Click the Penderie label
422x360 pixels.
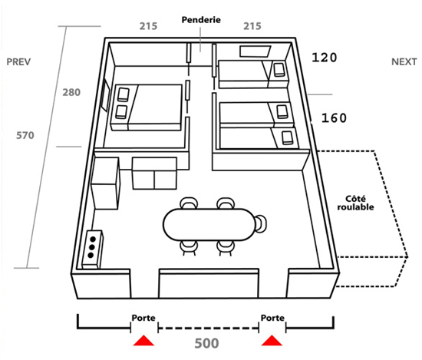pyautogui.click(x=201, y=20)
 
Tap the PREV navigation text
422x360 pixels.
pyautogui.click(x=18, y=62)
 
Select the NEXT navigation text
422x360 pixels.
pyautogui.click(x=404, y=62)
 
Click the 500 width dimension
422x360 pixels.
pyautogui.click(x=206, y=343)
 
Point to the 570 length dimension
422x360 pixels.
pyautogui.click(x=25, y=135)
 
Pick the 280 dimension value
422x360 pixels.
pyautogui.click(x=71, y=92)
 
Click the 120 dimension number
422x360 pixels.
pyautogui.click(x=325, y=58)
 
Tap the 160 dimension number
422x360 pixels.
pyautogui.click(x=334, y=118)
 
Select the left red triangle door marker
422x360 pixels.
pyautogui.click(x=143, y=340)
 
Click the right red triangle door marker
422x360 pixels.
pyautogui.click(x=272, y=340)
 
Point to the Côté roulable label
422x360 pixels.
pyautogui.click(x=355, y=203)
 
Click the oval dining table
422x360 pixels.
pyautogui.click(x=209, y=224)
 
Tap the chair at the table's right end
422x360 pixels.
pyautogui.click(x=261, y=223)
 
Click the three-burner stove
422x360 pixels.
pyautogui.click(x=92, y=249)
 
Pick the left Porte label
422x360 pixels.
pyautogui.click(x=143, y=318)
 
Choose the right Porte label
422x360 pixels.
pyautogui.click(x=272, y=318)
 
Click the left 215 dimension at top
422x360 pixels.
pyautogui.click(x=148, y=26)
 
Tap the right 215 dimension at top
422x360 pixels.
pyautogui.click(x=252, y=26)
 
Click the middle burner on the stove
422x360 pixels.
pyautogui.click(x=92, y=247)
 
